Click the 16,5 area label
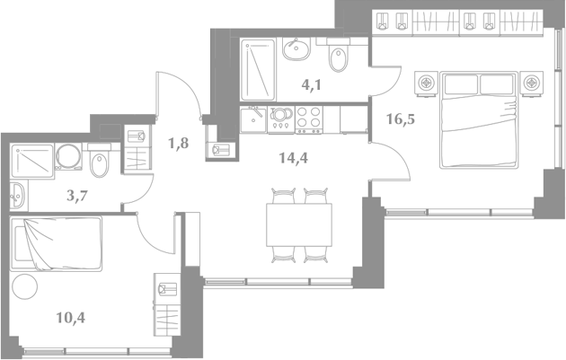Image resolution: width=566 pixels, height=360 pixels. pos(401,119)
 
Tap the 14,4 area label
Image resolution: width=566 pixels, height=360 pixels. pos(294,158)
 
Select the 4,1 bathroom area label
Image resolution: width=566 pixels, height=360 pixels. pos(311,85)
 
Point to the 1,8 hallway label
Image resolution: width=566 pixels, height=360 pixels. pos(178,144)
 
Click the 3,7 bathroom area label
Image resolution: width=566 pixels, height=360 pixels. pos(77,196)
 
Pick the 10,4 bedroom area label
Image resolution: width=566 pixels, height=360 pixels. pos(71,318)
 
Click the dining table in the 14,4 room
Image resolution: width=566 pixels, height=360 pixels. pos(299,224)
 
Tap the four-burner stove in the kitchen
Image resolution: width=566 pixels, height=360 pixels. pos(309,120)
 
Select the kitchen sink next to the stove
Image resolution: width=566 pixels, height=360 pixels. pos(253,119)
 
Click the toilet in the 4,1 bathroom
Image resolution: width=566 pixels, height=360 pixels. pos(338,55)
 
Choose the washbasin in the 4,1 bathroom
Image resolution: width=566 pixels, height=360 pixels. pos(296,49)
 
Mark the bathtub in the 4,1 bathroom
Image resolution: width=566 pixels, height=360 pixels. pos(259,70)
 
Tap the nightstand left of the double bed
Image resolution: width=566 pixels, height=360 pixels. pos(427,83)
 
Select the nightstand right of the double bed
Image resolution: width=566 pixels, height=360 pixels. pos(531,83)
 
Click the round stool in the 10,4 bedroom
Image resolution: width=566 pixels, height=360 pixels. pos(24,286)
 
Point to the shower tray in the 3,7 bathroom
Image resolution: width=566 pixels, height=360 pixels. pos(32,161)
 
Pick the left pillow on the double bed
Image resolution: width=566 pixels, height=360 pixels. pos(461,84)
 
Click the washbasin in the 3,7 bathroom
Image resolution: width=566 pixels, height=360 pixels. pos(17,195)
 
